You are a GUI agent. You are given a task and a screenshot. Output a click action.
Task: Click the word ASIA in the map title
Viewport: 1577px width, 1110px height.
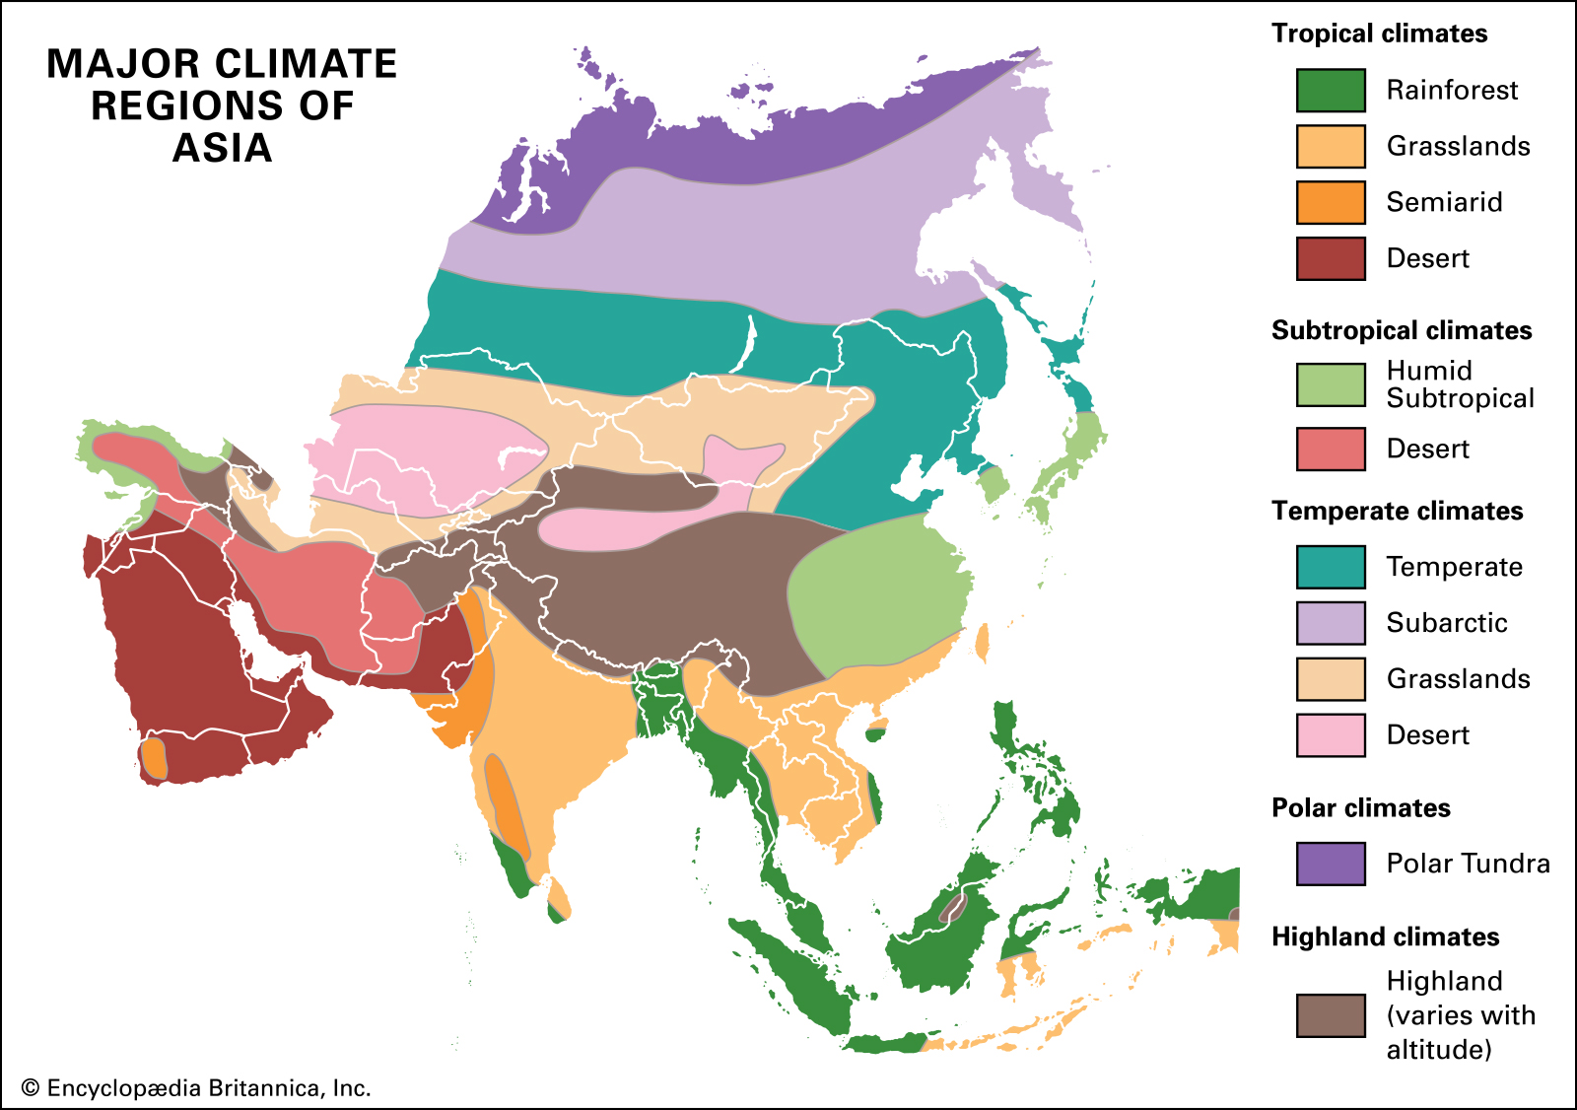[x=222, y=148]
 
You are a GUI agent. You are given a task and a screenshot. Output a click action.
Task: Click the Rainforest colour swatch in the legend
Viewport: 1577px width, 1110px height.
[x=1331, y=91]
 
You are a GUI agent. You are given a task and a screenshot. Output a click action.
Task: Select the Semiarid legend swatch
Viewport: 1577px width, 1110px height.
[x=1331, y=203]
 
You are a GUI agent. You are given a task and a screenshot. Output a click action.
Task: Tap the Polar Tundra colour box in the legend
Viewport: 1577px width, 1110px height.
[x=1331, y=864]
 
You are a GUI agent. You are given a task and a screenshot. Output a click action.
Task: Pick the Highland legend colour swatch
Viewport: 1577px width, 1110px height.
[x=1331, y=1015]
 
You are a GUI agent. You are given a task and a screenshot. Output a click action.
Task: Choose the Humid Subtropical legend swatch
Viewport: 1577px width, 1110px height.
[x=1331, y=384]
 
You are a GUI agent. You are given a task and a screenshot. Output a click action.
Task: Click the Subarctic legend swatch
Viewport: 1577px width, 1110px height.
[x=1331, y=623]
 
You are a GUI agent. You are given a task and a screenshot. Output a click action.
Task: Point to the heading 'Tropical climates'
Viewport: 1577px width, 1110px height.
[x=1379, y=34]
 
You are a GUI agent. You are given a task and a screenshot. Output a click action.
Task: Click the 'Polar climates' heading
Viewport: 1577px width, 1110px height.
[x=1360, y=808]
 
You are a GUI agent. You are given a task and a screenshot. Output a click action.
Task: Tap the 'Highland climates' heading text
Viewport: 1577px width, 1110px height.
[x=1385, y=937]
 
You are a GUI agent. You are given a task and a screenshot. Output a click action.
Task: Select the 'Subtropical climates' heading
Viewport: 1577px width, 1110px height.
[x=1401, y=330]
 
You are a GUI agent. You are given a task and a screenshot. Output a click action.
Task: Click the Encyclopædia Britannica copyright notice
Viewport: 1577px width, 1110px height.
[x=196, y=1088]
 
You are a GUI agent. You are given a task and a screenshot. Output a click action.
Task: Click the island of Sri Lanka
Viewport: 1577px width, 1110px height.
[x=558, y=898]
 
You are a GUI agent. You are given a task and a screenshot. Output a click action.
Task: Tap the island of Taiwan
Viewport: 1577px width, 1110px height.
[x=982, y=642]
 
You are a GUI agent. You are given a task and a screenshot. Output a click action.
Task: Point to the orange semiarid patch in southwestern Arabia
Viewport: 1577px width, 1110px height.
[x=154, y=758]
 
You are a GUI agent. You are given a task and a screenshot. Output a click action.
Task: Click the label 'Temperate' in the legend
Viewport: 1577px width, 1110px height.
[x=1454, y=567]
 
